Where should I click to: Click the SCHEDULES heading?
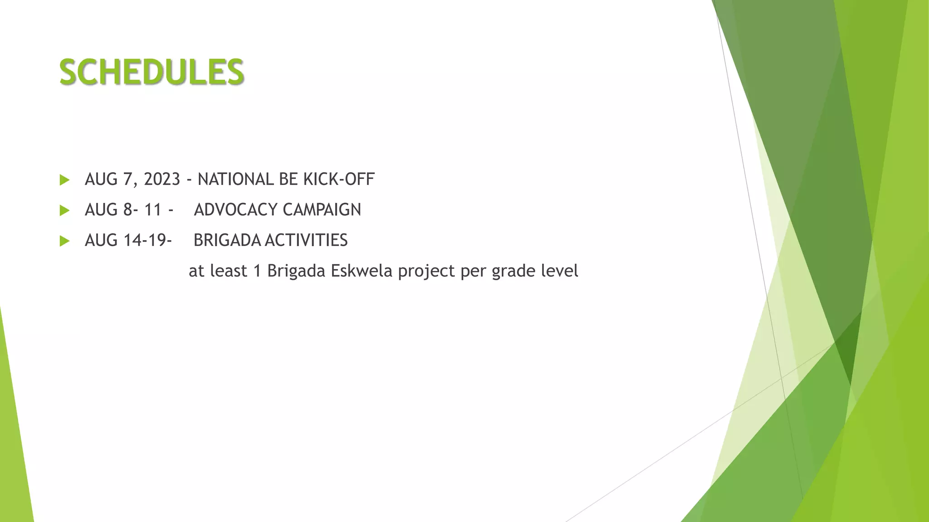[x=152, y=72]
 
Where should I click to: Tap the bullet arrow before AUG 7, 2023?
[x=64, y=180]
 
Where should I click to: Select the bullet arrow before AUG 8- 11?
[x=64, y=210]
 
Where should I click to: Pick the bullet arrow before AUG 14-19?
[x=64, y=241]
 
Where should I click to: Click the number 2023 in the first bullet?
[x=162, y=179]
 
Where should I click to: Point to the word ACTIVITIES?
[x=306, y=240]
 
